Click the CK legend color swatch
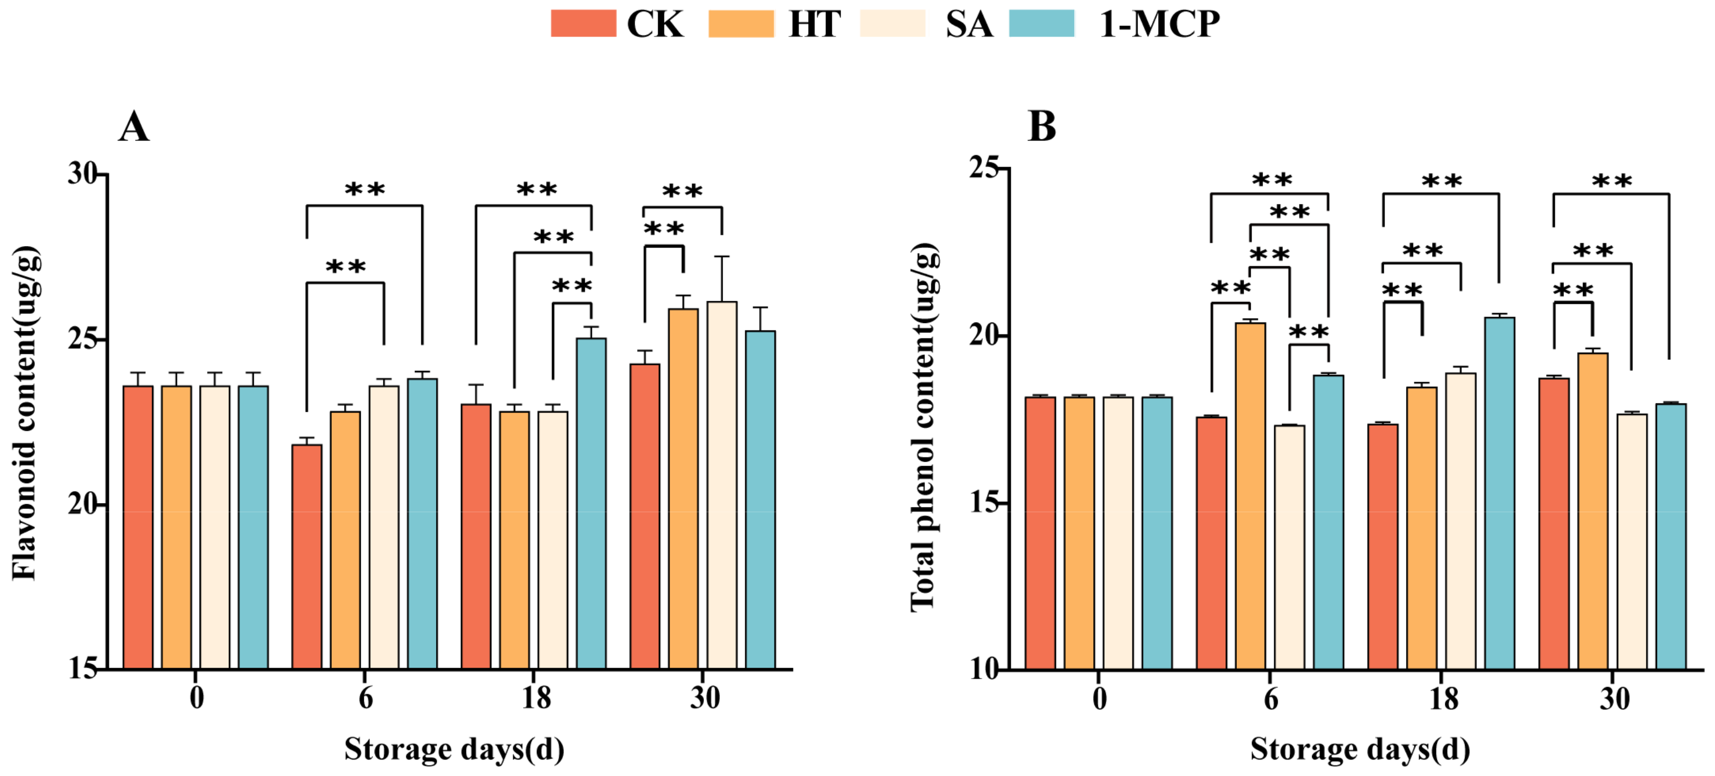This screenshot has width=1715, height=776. (583, 24)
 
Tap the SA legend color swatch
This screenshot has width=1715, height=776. (892, 24)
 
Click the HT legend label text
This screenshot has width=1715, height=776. (814, 24)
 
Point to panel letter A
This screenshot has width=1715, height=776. (134, 126)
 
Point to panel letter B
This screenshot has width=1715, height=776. (1042, 126)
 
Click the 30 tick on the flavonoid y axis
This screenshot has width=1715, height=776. (83, 174)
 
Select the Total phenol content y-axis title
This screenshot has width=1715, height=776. (924, 426)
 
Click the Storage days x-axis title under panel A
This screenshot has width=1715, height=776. (454, 749)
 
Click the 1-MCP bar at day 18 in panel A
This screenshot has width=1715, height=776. (591, 503)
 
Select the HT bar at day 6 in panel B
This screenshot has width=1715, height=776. (1250, 496)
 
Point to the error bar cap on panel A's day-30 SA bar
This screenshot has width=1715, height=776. (722, 256)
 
